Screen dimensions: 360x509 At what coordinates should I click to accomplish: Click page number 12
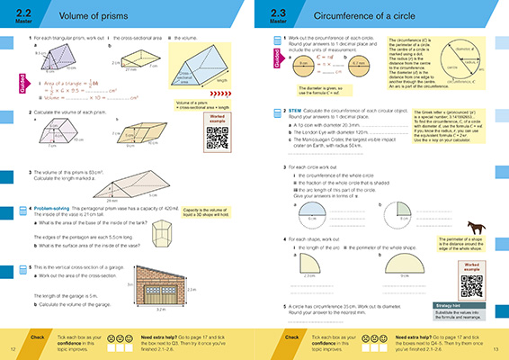pos(12,348)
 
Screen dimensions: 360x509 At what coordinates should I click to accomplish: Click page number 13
pos(496,348)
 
